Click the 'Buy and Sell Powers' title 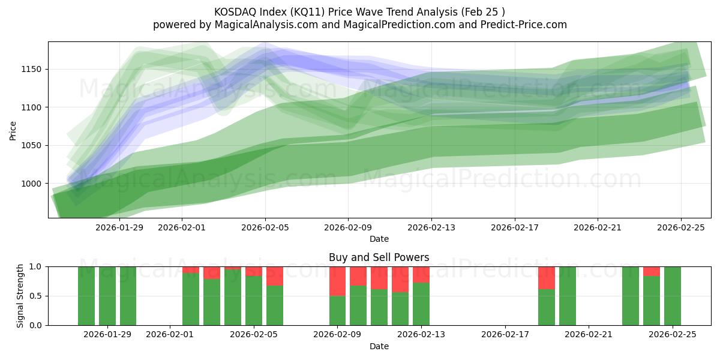(x=379, y=257)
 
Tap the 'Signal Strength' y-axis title (x=20, y=296)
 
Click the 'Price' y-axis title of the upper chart (x=13, y=130)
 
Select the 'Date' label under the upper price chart (x=379, y=239)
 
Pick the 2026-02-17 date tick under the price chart (x=514, y=228)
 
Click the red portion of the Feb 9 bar (x=338, y=281)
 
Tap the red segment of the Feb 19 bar (x=547, y=278)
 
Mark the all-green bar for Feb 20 (x=568, y=296)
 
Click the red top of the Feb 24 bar (x=652, y=271)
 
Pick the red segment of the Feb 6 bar (x=275, y=276)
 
